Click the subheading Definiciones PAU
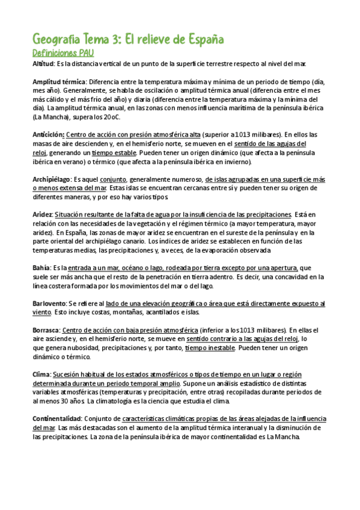tap(63, 53)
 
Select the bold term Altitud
tap(43, 63)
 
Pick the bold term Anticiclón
tap(48, 135)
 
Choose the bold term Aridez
tap(42, 215)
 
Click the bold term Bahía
tap(41, 268)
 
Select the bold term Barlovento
tap(49, 304)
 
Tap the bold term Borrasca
tap(46, 330)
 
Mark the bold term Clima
tap(41, 374)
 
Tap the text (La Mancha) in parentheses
tap(52, 117)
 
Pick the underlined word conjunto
tap(113, 179)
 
